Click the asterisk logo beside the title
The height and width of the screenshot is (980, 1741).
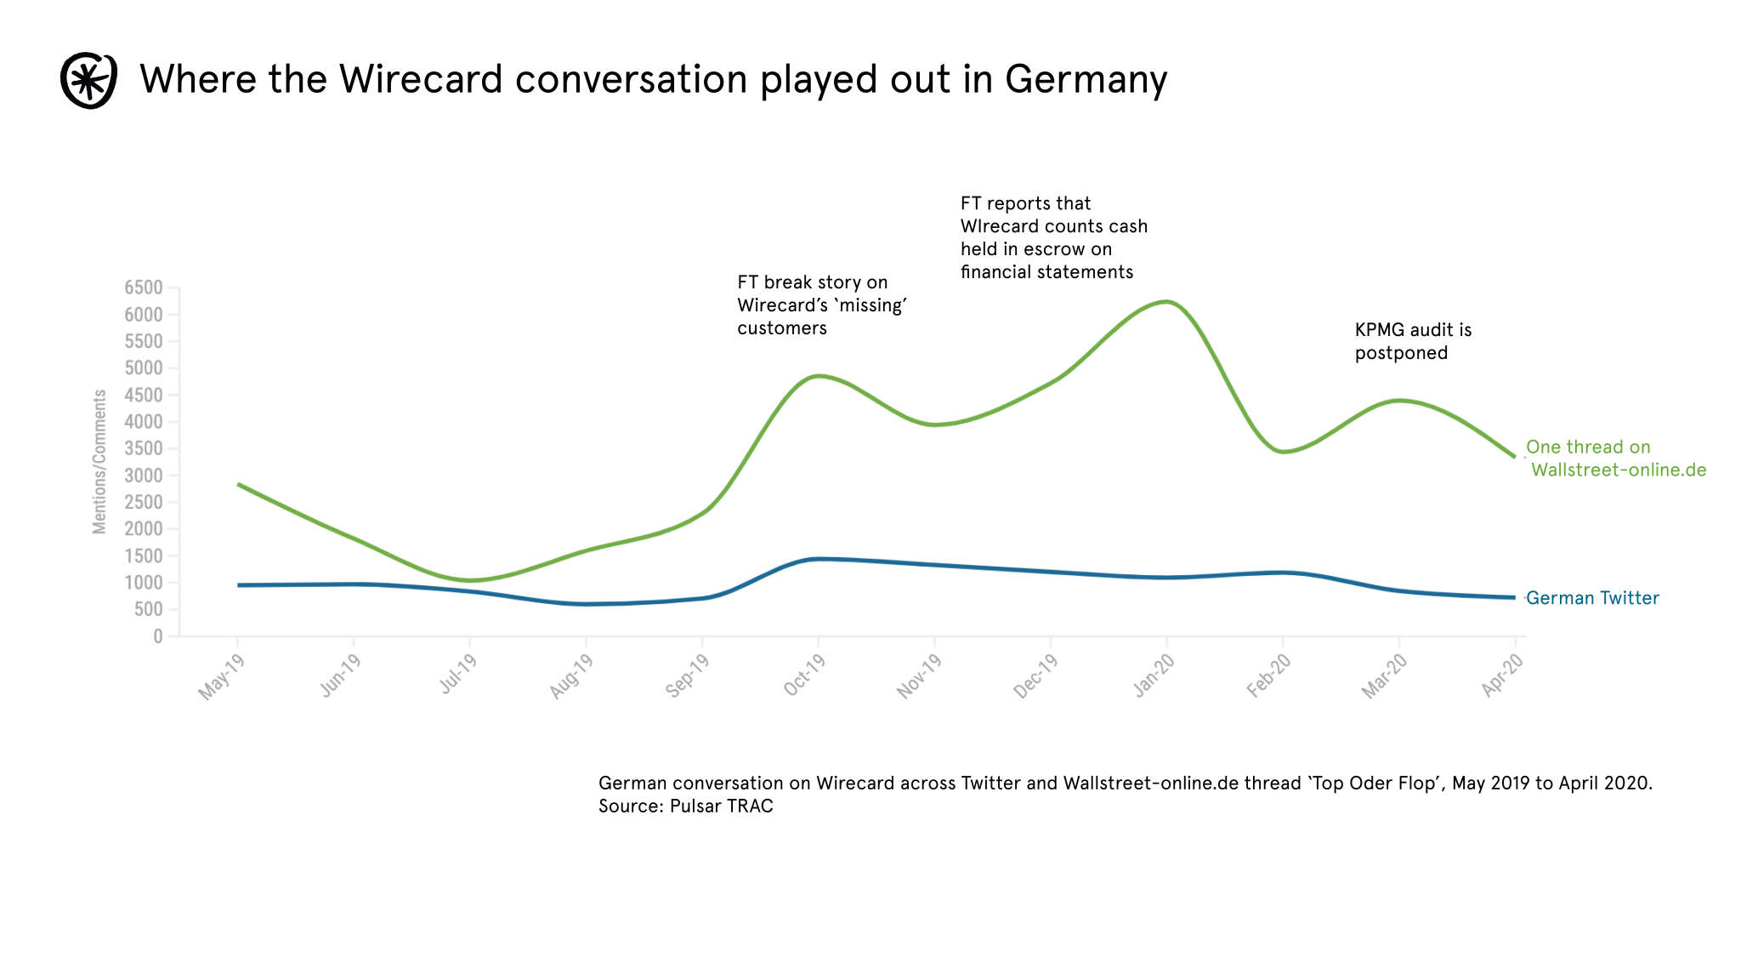[88, 81]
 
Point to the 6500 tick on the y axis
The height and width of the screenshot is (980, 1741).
[144, 288]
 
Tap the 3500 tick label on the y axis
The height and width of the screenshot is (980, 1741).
[144, 448]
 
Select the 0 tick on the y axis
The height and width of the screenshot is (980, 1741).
[157, 636]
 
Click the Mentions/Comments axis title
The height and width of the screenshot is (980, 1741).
[100, 462]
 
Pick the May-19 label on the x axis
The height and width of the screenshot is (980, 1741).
[221, 677]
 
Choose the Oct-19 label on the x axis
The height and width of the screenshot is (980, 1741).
[803, 676]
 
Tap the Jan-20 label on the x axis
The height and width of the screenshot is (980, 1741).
[1153, 676]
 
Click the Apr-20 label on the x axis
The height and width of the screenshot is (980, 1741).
[1501, 676]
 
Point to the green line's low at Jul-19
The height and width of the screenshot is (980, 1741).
[469, 581]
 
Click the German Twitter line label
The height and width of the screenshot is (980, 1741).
[1592, 598]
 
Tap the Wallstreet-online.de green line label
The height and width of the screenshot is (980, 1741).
[1617, 470]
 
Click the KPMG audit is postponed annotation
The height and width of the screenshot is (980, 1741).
[1413, 341]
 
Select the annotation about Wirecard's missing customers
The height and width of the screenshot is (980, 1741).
[821, 305]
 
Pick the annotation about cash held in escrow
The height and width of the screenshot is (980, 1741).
[1053, 237]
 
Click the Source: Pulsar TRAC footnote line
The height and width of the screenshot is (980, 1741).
[686, 806]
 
